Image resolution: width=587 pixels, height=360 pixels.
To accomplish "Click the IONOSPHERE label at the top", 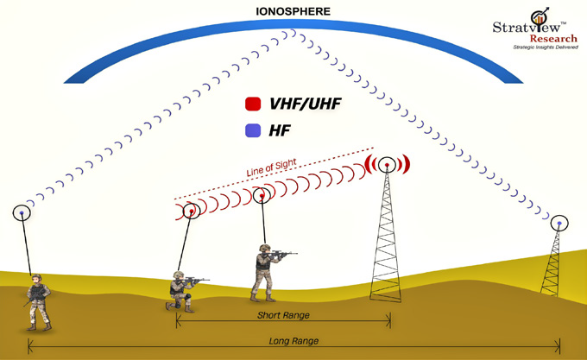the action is tap(293, 11).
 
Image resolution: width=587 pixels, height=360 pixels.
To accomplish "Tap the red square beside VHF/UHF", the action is tap(253, 104).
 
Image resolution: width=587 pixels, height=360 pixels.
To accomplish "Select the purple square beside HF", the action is tap(253, 130).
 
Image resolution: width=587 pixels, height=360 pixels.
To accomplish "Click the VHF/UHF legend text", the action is tap(305, 104).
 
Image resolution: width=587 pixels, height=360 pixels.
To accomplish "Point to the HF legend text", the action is tap(280, 130).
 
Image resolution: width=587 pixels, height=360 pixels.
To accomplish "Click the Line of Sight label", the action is tap(271, 167).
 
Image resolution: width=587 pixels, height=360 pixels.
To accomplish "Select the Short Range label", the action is tap(283, 315).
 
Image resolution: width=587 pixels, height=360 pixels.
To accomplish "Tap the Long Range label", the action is tap(293, 341).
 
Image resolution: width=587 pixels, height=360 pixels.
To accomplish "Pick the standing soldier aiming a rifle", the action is tap(268, 273).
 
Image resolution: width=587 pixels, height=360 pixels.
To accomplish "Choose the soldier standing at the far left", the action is tap(38, 302).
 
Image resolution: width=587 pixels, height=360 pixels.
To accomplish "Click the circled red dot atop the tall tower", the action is tap(387, 165).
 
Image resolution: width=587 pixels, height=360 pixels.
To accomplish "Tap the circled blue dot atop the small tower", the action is tap(559, 224).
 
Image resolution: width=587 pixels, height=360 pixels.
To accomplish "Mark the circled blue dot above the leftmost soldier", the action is tap(22, 213).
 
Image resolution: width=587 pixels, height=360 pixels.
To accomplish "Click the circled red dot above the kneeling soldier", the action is tap(192, 212).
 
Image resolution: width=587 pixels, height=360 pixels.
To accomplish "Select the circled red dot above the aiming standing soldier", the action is tap(262, 195).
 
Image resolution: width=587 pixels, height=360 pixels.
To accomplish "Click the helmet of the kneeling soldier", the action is tap(179, 275).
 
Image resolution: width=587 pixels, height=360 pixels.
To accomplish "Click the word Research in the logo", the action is tap(553, 39).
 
